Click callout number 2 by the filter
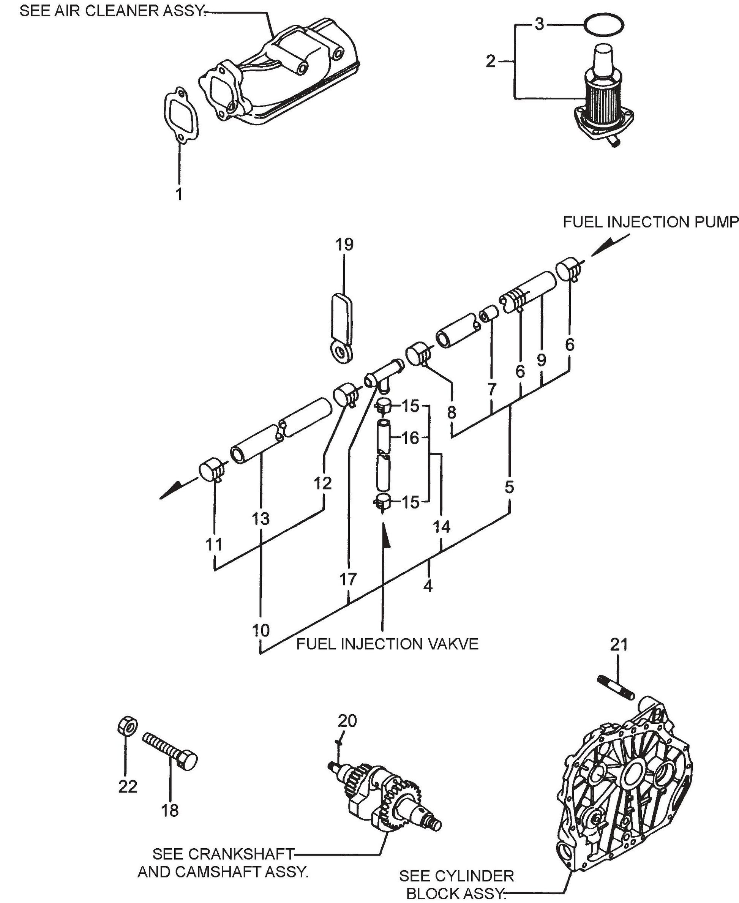coord(490,62)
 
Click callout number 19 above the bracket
coord(344,245)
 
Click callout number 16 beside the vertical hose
coord(411,438)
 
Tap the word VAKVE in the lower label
coord(453,644)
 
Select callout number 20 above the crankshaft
coord(347,721)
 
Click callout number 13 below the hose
coord(261,519)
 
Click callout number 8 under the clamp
coord(452,412)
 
